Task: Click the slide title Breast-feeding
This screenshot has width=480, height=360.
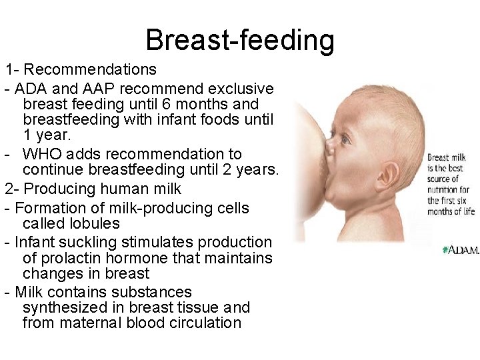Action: tap(240, 39)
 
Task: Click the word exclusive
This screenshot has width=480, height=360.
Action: tap(241, 89)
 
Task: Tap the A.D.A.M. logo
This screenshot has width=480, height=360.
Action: tap(460, 250)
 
